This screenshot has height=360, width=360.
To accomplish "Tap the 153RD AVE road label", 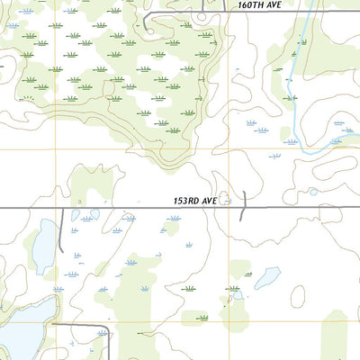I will point(196,201).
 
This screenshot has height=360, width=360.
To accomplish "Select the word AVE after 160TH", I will point(286,5).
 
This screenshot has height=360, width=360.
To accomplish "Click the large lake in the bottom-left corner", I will point(20,333).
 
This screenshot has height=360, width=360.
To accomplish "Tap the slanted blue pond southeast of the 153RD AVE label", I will point(266,278).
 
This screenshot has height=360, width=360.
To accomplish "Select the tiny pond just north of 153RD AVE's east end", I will point(312,191).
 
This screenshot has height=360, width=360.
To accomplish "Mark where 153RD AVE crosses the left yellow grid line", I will point(56,208).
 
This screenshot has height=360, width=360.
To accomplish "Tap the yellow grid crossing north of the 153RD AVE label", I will point(229,148).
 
